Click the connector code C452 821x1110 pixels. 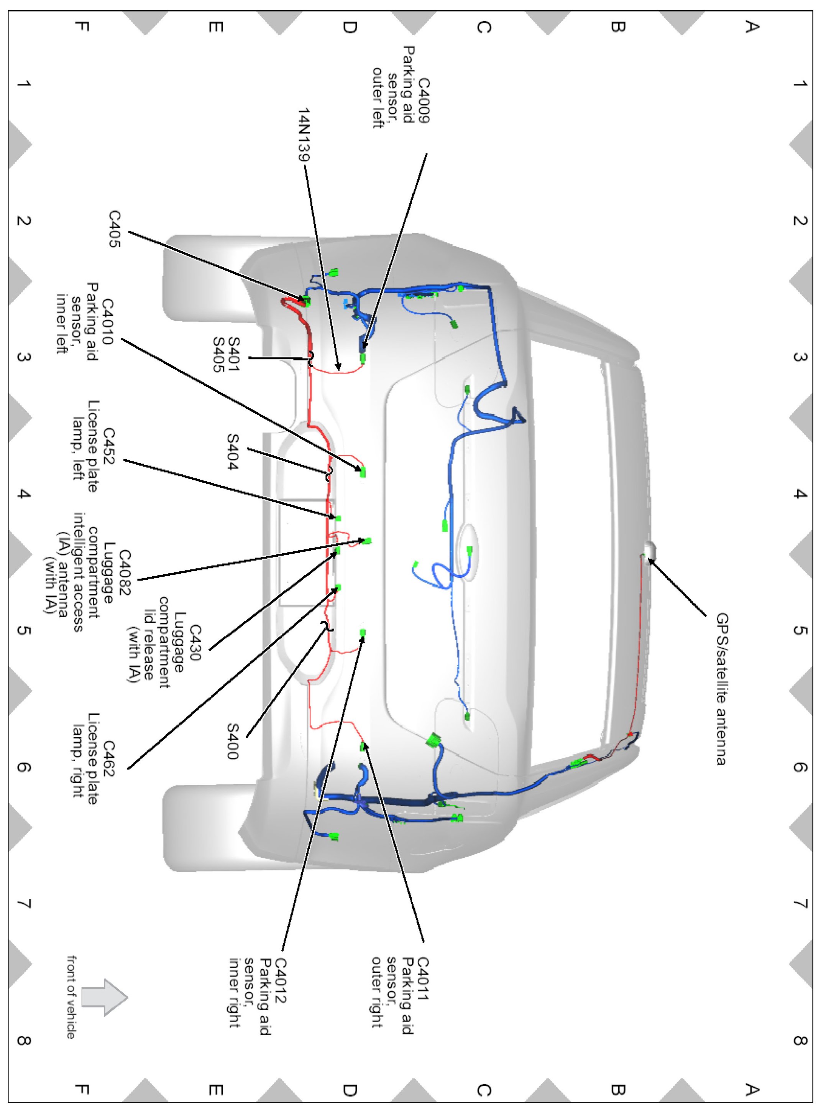(x=108, y=446)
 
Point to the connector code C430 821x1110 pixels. (x=194, y=643)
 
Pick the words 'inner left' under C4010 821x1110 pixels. (x=62, y=324)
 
